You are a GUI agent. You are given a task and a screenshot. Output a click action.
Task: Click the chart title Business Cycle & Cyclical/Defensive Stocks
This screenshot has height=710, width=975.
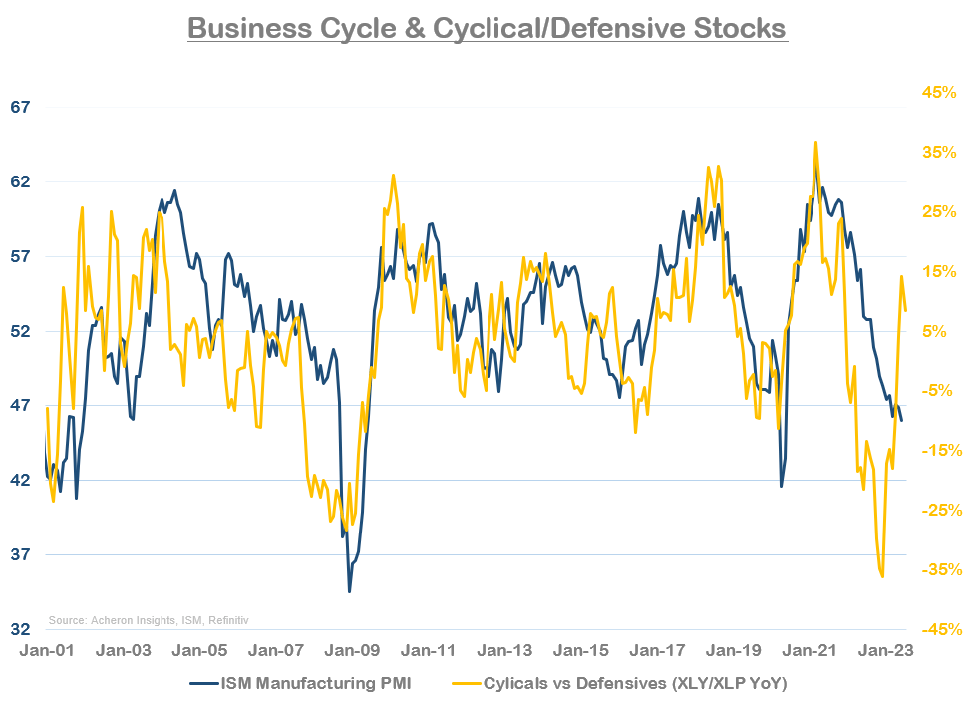click(x=487, y=27)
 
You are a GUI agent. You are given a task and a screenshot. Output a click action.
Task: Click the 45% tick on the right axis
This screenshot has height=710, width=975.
click(x=938, y=93)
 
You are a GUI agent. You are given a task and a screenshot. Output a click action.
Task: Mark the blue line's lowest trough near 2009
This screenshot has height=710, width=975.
click(x=349, y=592)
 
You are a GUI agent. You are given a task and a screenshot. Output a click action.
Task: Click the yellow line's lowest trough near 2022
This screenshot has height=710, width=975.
click(x=882, y=576)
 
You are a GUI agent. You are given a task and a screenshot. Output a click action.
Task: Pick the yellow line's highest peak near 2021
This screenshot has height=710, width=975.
click(x=815, y=142)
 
